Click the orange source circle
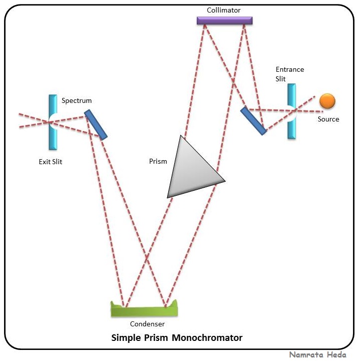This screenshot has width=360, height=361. click(327, 101)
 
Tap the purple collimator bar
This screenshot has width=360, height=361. click(224, 21)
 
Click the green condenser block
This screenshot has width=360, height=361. click(144, 308)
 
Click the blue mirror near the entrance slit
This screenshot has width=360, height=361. click(253, 121)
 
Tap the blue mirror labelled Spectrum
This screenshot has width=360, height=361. click(95, 125)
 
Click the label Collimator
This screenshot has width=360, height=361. click(224, 10)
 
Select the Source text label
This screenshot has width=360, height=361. click(328, 119)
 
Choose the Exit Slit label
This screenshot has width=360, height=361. click(51, 162)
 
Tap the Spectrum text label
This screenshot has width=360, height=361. click(77, 100)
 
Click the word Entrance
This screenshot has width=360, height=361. click(290, 70)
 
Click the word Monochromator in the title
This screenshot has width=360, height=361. click(207, 337)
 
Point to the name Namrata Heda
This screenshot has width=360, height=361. click(317, 354)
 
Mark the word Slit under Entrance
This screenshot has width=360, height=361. click(281, 79)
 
